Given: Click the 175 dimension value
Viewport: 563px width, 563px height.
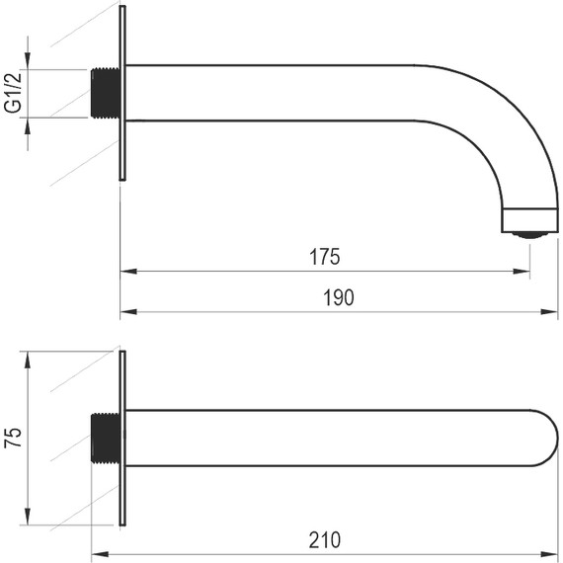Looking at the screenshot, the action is click(x=325, y=257).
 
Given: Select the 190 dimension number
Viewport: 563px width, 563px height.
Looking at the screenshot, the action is click(x=338, y=297).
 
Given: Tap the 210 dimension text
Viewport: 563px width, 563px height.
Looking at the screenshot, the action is click(x=325, y=539).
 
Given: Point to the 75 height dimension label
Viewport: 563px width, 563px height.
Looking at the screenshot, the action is click(x=13, y=438).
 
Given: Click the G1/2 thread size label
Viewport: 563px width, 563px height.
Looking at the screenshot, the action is click(x=13, y=93).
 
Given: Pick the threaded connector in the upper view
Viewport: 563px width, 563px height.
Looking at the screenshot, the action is click(x=105, y=93).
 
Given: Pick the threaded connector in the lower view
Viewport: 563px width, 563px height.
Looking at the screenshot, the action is click(x=105, y=438).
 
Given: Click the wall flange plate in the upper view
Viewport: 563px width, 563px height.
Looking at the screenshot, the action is click(x=122, y=93).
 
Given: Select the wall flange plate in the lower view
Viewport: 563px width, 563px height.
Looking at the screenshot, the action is click(x=122, y=438).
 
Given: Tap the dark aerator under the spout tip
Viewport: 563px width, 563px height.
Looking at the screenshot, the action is click(x=529, y=235).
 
